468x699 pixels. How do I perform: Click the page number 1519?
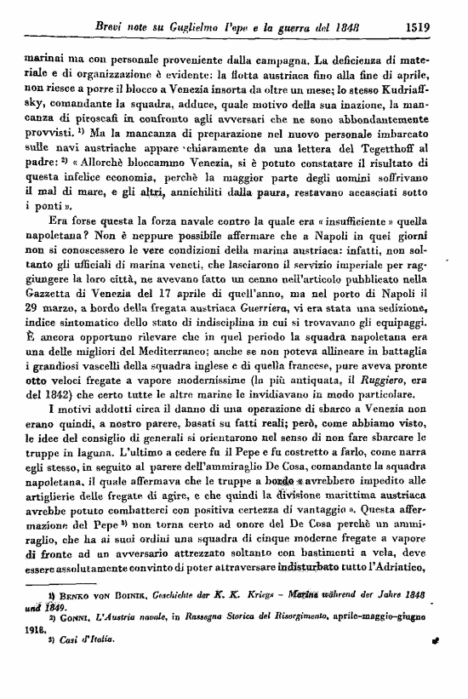point(420,26)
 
